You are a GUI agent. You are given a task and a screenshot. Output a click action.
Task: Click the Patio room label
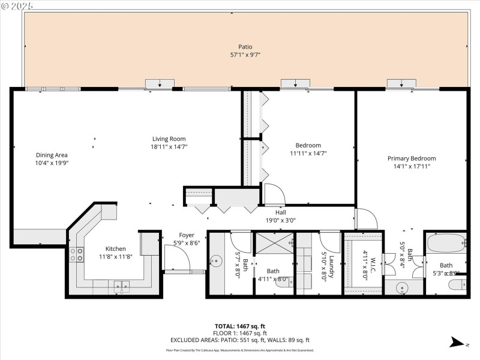(245, 47)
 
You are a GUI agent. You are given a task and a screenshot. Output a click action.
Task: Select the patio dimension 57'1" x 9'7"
(245, 55)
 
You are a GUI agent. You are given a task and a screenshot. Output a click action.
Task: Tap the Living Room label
(169, 139)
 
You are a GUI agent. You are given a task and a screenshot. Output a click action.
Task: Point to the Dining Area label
(52, 155)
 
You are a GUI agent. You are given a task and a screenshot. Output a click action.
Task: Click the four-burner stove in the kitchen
(77, 254)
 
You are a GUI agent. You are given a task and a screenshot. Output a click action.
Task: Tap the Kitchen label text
(115, 248)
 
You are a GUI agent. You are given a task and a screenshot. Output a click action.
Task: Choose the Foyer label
(187, 235)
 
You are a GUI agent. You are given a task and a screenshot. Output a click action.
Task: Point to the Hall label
(280, 212)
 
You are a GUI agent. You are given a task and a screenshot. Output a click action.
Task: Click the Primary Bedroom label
(411, 158)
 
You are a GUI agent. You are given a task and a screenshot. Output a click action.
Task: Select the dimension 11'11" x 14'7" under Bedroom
(308, 153)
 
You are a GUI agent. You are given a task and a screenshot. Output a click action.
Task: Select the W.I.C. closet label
(372, 264)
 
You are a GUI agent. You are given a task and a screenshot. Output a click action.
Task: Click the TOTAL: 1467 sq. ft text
(239, 326)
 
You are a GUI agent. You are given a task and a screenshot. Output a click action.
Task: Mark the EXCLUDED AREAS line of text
(239, 340)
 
